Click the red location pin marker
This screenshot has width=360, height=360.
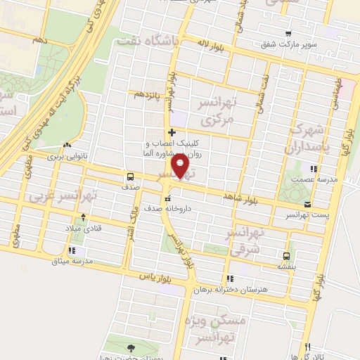pos(182,167)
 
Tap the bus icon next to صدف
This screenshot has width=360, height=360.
pos(131,176)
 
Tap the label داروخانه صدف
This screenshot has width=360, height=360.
pos(167,209)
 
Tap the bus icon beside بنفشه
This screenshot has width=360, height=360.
pos(286,255)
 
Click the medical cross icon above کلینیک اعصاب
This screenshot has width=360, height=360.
pos(172,132)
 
